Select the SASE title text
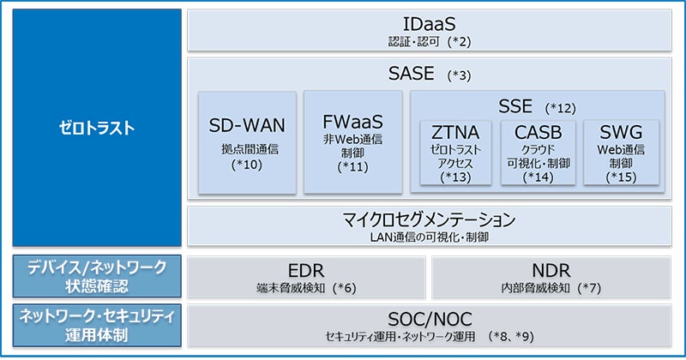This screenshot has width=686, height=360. [412, 75]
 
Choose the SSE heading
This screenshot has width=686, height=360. [514, 106]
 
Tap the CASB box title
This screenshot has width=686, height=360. [539, 134]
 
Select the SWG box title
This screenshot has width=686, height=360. [621, 134]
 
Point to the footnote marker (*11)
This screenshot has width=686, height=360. [352, 166]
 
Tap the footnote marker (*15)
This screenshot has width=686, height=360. [621, 177]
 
